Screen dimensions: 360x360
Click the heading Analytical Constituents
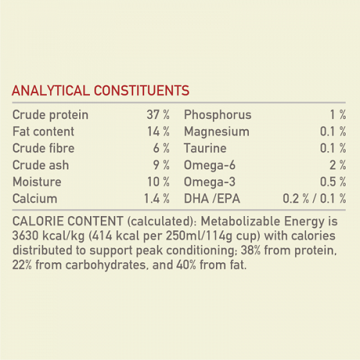pyautogui.click(x=101, y=91)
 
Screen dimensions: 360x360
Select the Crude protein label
pyautogui.click(x=50, y=115)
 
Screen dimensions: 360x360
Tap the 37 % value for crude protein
pyautogui.click(x=158, y=115)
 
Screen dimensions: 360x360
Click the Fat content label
pyautogui.click(x=43, y=131)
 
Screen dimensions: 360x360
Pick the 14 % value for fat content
pyautogui.click(x=158, y=131)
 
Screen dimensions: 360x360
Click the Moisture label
pyautogui.click(x=37, y=182)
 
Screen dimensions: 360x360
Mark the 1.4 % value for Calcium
pyautogui.click(x=156, y=199)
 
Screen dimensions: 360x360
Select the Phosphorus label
pyautogui.click(x=218, y=115)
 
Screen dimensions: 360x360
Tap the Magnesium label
pyautogui.click(x=217, y=131)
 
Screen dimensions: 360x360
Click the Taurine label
pyautogui.click(x=205, y=148)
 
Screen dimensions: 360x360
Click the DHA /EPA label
pyautogui.click(x=212, y=199)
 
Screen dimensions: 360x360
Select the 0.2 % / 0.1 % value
pyautogui.click(x=314, y=199)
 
